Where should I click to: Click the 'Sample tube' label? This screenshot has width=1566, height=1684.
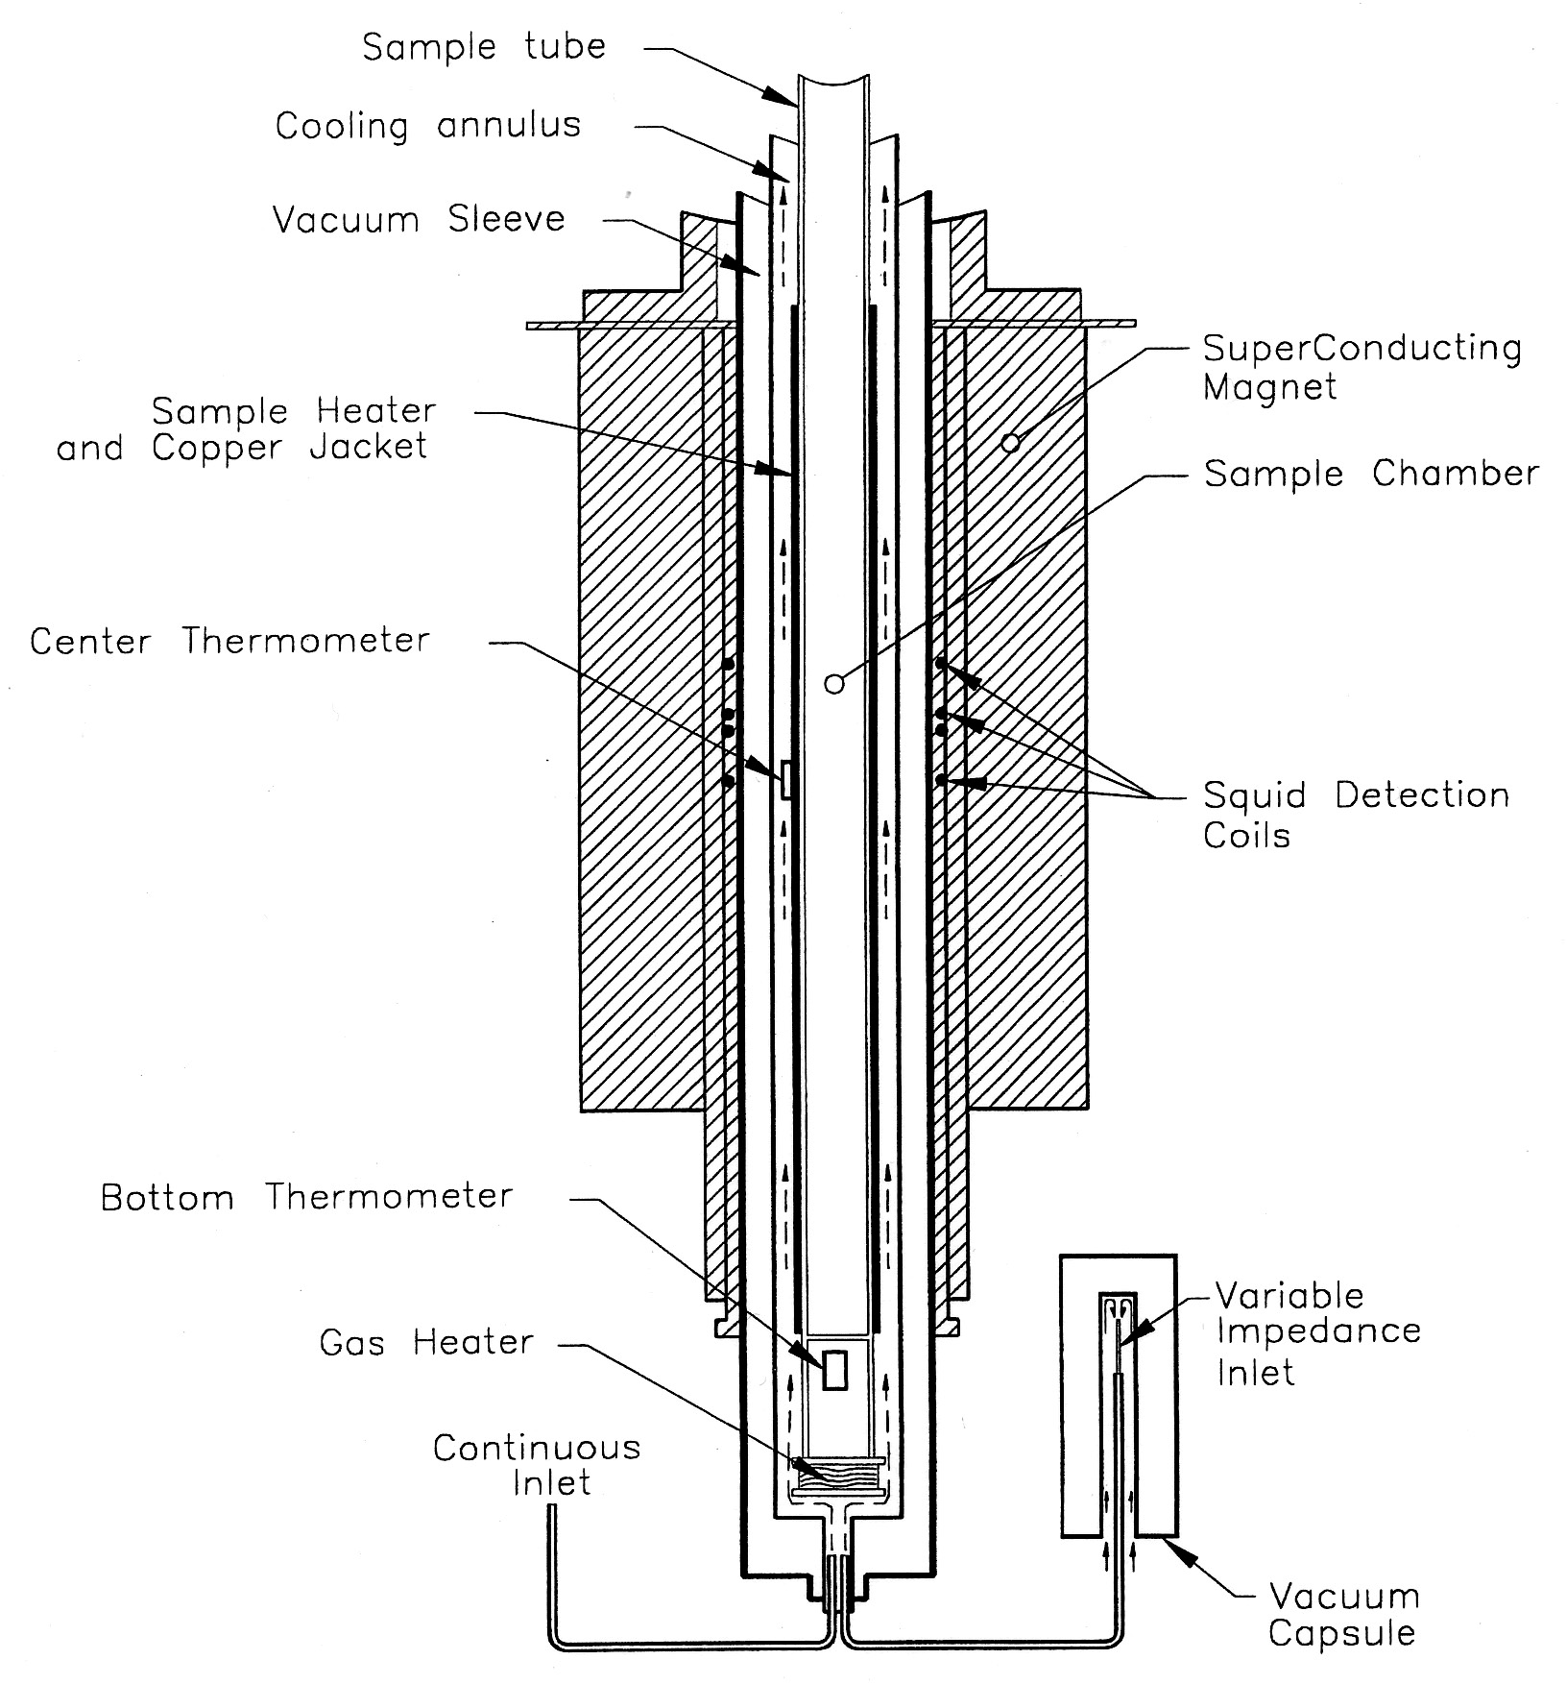point(484,47)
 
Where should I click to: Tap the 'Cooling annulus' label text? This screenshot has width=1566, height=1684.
point(428,126)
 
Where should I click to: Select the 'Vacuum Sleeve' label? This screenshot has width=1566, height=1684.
point(419,219)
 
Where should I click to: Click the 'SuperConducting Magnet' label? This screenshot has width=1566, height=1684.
point(1361,368)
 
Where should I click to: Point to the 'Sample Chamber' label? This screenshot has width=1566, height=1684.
point(1370,474)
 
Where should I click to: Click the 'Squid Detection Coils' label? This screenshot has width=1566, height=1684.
point(1356,815)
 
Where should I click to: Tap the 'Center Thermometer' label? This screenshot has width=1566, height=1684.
point(229,641)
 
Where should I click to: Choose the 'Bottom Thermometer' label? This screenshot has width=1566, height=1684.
point(307,1197)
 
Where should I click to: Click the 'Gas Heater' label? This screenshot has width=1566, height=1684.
point(426,1342)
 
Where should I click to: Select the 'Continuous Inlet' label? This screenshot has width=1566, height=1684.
point(537,1465)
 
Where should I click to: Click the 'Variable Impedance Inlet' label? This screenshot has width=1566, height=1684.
point(1317,1333)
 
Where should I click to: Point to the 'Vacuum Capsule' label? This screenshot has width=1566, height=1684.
point(1342,1615)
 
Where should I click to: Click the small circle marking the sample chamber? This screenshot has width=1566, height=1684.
point(834,684)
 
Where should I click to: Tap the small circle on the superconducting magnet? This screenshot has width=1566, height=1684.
point(1009,443)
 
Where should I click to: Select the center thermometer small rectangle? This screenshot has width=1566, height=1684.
point(786,779)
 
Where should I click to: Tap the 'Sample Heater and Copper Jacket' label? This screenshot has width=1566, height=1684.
point(246,429)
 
